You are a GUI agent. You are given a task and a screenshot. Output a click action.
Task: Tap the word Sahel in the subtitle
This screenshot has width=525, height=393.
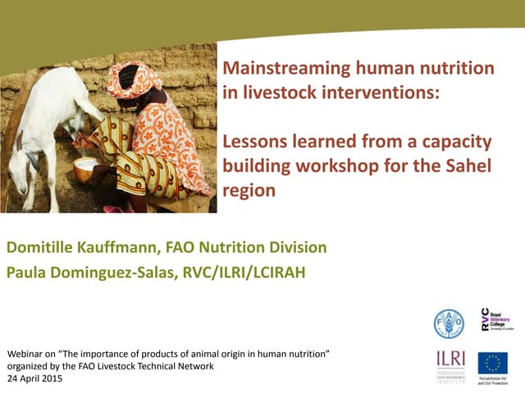point(466,166)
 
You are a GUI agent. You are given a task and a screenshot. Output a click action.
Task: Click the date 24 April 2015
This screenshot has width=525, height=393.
point(34,379)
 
